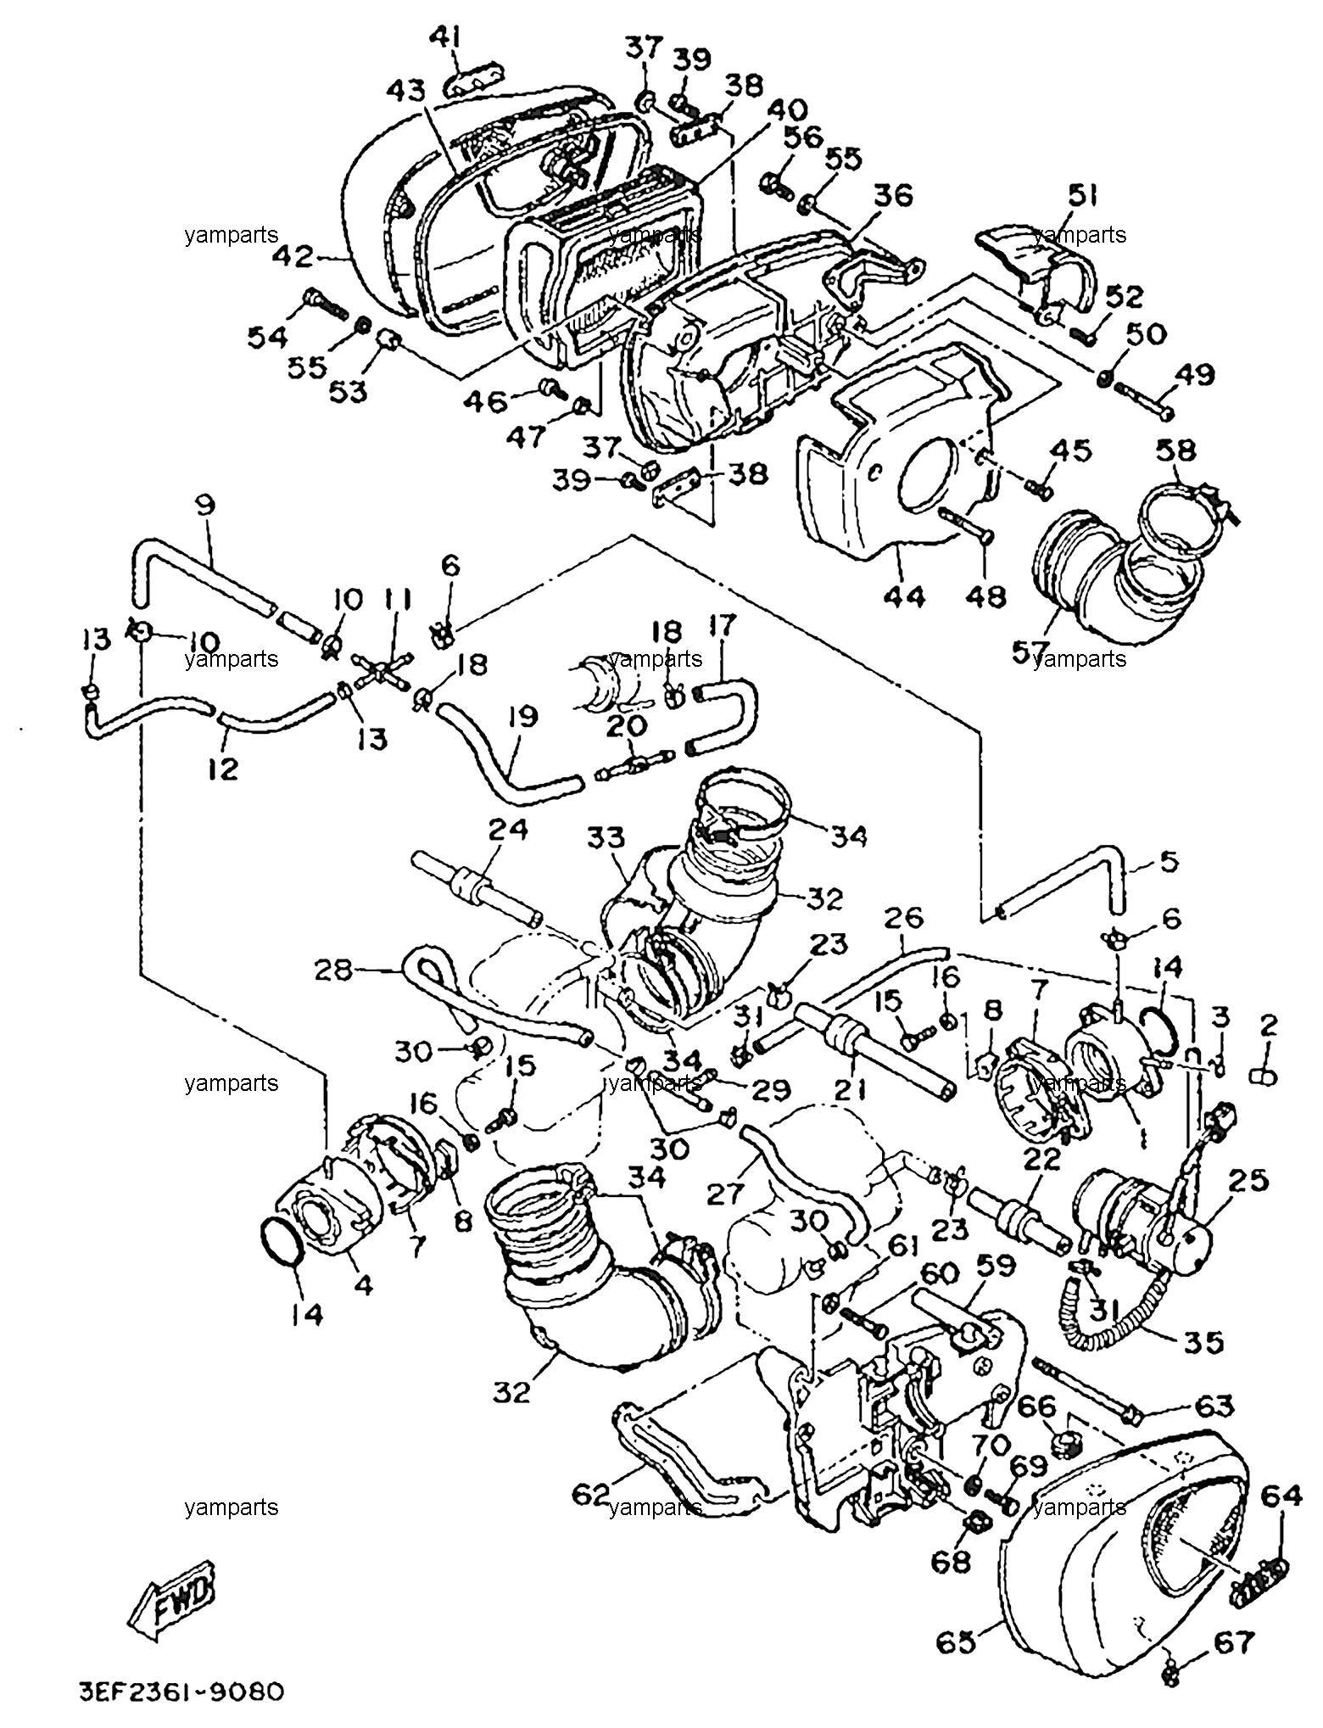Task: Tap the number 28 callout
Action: click(332, 970)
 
